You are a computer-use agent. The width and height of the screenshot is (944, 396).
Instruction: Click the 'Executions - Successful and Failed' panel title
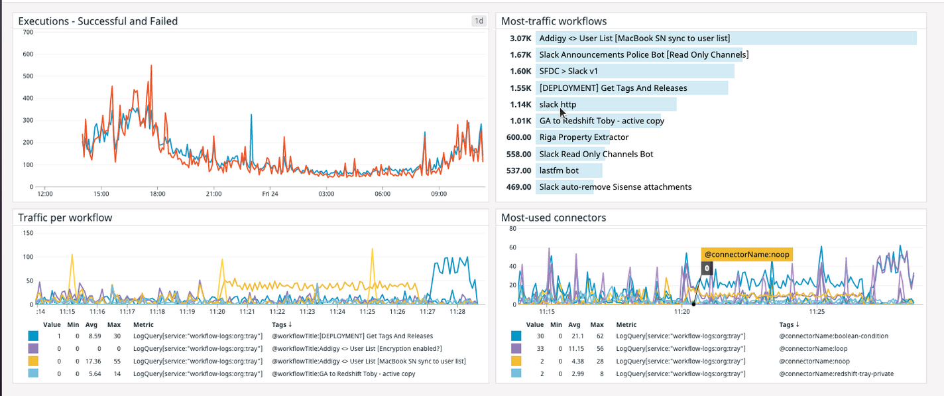click(x=98, y=21)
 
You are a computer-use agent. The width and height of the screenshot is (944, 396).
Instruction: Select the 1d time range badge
click(x=478, y=21)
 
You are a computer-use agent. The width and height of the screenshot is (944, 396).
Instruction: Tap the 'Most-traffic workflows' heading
click(x=554, y=21)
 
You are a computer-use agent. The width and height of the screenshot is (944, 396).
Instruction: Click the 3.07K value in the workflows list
click(x=520, y=38)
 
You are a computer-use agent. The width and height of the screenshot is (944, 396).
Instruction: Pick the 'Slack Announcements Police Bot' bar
click(x=643, y=54)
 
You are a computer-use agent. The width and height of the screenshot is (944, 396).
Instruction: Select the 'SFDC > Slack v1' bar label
click(x=569, y=71)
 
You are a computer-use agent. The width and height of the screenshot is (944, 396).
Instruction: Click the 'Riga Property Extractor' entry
click(x=583, y=137)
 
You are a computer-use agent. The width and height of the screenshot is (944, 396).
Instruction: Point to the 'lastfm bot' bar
click(x=559, y=170)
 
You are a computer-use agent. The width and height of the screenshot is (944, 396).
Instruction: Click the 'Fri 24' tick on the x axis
click(x=270, y=194)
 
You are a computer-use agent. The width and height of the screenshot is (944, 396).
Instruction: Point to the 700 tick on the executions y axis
click(x=28, y=32)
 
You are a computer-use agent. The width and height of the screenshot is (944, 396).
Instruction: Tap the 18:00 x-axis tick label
click(x=157, y=194)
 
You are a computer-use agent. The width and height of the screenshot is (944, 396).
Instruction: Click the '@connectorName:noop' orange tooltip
click(x=747, y=255)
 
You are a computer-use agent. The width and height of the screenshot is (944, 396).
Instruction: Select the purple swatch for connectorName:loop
click(x=516, y=348)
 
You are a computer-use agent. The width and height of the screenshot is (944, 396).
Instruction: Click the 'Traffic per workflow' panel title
click(x=65, y=218)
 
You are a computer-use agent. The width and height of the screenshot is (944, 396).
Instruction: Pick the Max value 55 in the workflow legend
click(x=113, y=361)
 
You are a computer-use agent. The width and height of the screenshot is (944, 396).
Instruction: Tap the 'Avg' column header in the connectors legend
click(x=574, y=325)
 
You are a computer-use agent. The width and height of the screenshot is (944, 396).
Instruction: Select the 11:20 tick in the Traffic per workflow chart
click(x=217, y=311)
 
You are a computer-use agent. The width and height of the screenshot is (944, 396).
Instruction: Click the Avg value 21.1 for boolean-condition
click(x=574, y=336)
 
